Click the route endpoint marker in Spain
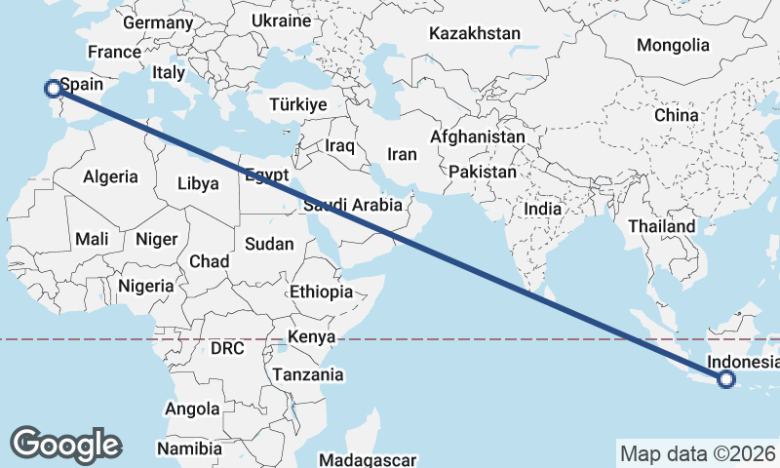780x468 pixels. tap(53, 89)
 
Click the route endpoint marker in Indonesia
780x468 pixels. tap(725, 380)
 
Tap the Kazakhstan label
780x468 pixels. tap(475, 33)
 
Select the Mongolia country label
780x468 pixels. tap(673, 45)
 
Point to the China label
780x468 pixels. tap(677, 115)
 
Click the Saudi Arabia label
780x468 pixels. tap(352, 206)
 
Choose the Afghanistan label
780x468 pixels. tap(478, 137)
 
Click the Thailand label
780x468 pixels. tap(662, 226)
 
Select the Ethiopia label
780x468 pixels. tap(321, 292)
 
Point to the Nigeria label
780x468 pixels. tap(145, 286)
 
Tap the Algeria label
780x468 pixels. tap(110, 177)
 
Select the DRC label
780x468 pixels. tap(227, 347)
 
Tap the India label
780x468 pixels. tap(542, 209)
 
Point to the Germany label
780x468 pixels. tap(158, 22)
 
